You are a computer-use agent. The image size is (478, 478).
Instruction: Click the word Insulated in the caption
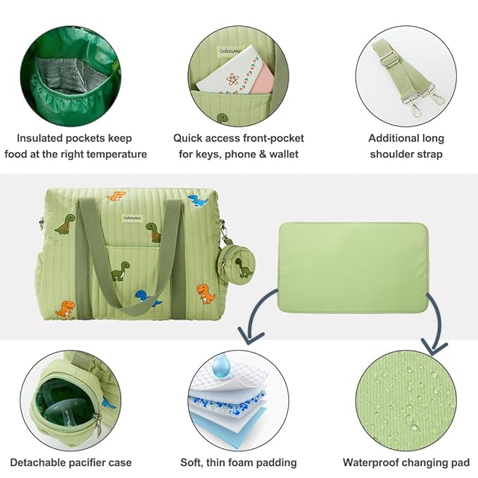[42, 138]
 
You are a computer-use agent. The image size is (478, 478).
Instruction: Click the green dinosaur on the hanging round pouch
[242, 266]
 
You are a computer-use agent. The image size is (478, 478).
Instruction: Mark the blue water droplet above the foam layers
[222, 364]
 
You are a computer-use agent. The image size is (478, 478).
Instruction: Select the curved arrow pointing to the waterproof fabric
[434, 320]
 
